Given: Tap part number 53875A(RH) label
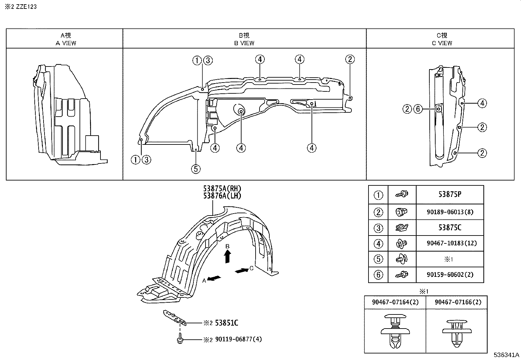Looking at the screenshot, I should tap(222, 189).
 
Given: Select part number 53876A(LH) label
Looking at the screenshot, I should tap(222, 196).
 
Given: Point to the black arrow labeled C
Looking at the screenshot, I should tap(242, 271).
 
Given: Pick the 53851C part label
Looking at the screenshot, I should tap(226, 323).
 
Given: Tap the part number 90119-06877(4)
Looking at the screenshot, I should tap(239, 339).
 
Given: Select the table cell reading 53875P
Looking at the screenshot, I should tap(450, 195).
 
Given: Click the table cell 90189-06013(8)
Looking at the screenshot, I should tap(450, 212).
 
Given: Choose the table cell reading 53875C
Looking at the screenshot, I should tap(450, 228).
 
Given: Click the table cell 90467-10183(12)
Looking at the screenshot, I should tap(450, 243).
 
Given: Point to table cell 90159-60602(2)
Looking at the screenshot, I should tap(450, 275).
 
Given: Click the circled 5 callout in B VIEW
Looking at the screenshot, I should tap(195, 169).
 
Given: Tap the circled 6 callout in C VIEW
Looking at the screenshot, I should tap(418, 109).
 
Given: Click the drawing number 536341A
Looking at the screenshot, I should tap(506, 355).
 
